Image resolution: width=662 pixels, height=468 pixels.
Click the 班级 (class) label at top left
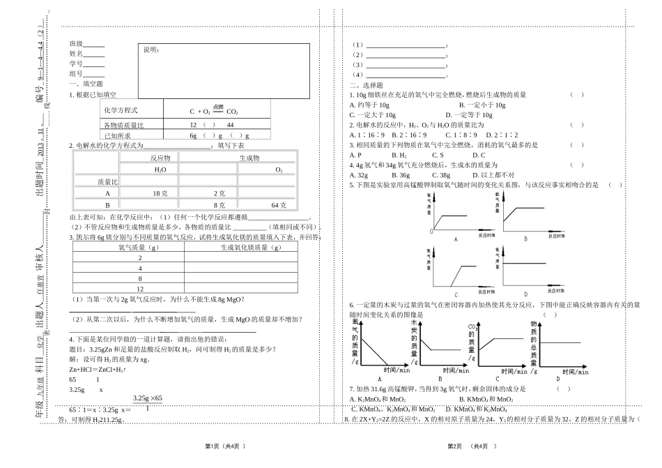76,43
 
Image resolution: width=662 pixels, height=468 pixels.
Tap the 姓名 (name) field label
76,53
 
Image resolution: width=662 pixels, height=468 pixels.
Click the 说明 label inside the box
151,50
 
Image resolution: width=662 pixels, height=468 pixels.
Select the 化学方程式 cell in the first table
121,110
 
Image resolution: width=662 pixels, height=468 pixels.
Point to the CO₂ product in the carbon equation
232,111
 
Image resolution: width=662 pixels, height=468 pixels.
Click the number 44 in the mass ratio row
230,124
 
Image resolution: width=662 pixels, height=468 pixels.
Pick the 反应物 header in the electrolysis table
160,158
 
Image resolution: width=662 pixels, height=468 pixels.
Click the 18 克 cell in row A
160,193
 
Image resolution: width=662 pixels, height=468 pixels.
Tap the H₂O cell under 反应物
160,169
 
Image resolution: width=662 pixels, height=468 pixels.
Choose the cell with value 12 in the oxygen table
140,288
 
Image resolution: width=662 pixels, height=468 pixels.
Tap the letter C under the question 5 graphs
456,294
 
